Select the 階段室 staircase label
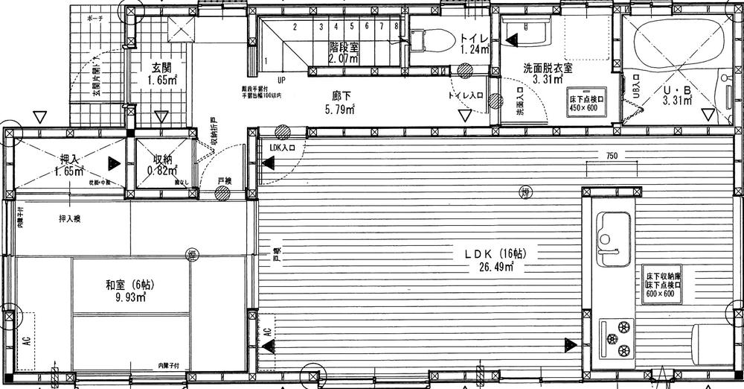344,47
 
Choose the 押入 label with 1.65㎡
70,159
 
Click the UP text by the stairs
281,80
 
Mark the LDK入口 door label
283,148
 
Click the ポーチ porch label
94,17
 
